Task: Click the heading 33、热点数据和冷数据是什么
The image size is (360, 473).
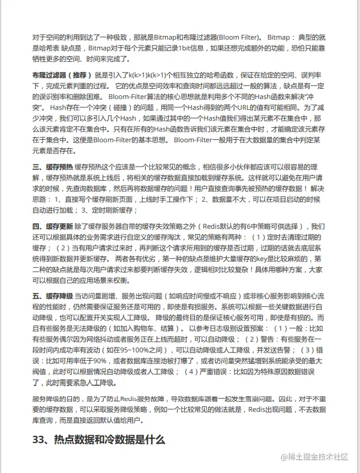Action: click(98, 439)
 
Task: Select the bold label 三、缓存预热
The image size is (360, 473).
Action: click(52, 166)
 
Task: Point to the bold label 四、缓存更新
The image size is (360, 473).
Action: click(52, 226)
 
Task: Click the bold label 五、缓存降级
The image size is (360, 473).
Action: click(52, 297)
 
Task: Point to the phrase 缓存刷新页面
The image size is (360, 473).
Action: click(101, 199)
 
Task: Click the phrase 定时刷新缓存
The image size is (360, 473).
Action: click(114, 210)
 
